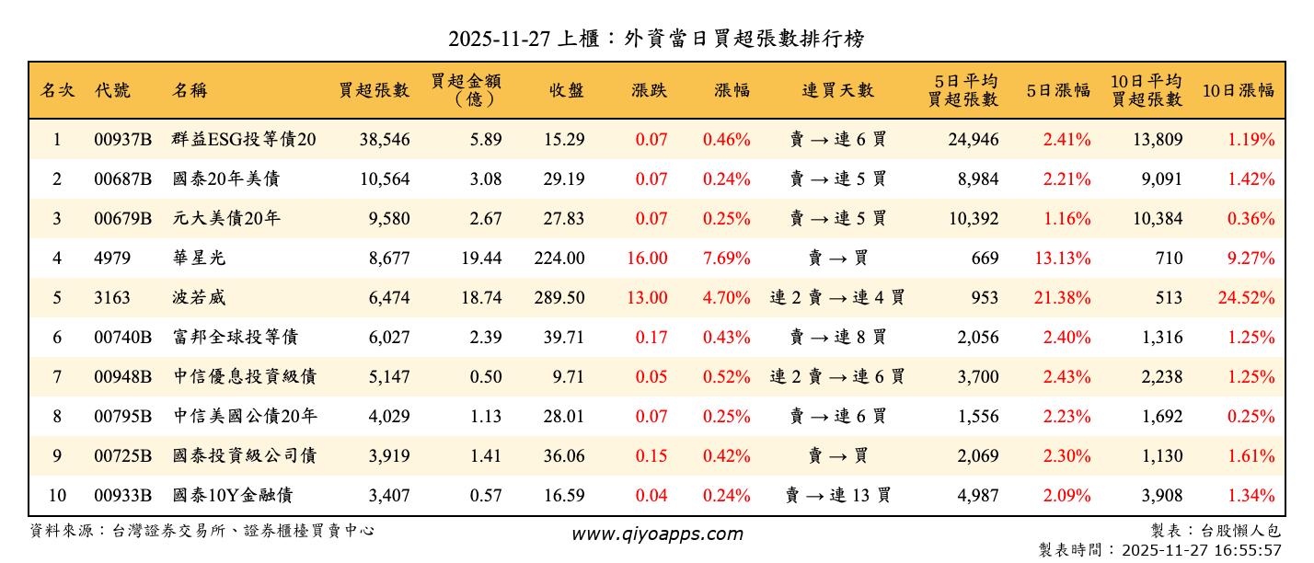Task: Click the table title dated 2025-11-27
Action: coord(656,39)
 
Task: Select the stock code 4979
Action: coord(112,259)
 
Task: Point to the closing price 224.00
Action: coord(559,259)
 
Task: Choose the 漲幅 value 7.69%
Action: coord(726,259)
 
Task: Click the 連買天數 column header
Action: coord(837,90)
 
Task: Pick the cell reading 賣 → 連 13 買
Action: coord(837,496)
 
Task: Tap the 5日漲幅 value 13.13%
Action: coord(1063,259)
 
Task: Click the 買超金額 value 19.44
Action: coord(480,259)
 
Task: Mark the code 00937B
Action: coord(122,140)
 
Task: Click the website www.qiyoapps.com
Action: coord(656,534)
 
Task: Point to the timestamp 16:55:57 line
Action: coord(1159,550)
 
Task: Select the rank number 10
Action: coord(57,496)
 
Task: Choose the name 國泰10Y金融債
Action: coord(232,496)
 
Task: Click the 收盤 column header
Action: coord(566,90)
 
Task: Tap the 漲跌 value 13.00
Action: coord(647,298)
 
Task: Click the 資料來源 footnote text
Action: coord(202,531)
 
